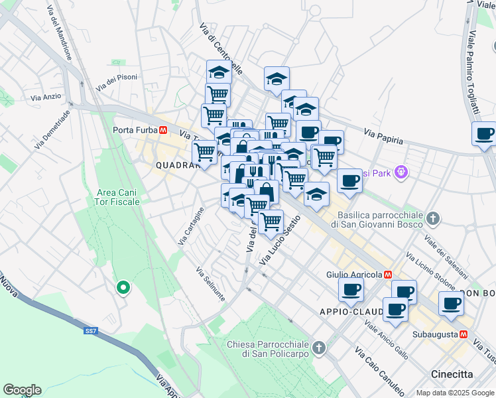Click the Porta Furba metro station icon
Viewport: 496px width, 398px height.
(162, 130)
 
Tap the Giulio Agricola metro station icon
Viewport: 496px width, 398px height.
(388, 275)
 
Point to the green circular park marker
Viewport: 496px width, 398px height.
(123, 288)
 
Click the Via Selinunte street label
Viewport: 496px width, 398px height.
(211, 283)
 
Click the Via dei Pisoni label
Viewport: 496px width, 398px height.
(117, 82)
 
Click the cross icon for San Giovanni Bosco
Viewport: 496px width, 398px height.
(433, 218)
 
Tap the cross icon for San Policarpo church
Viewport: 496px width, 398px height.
(320, 348)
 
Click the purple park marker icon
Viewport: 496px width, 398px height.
(401, 172)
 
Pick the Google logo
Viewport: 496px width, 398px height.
(22, 390)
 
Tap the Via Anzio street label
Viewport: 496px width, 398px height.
(46, 97)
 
